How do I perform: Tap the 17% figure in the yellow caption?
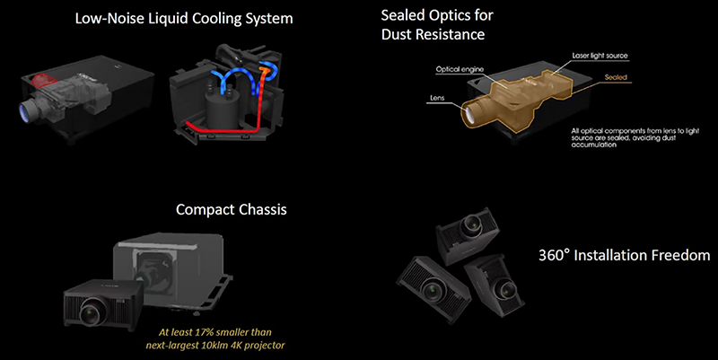(x=217, y=329)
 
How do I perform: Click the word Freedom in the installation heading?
(x=680, y=256)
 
